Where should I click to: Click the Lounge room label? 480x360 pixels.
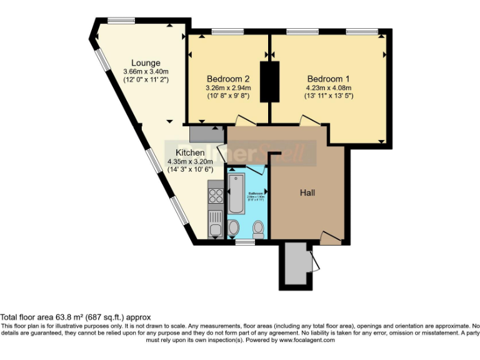tap(146, 63)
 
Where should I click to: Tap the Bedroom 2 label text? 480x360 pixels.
tap(229, 79)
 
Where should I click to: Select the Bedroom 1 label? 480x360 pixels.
tap(328, 79)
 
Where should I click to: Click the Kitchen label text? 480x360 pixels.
tap(190, 152)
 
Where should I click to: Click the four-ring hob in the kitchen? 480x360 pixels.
tap(216, 195)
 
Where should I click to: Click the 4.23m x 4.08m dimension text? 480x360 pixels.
tap(328, 88)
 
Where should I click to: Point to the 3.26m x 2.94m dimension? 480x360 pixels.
tap(228, 88)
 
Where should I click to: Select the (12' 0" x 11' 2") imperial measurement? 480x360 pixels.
tap(146, 80)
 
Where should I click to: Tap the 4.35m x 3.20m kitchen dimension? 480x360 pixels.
tap(190, 161)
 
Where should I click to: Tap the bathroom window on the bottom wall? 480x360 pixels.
tap(245, 241)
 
